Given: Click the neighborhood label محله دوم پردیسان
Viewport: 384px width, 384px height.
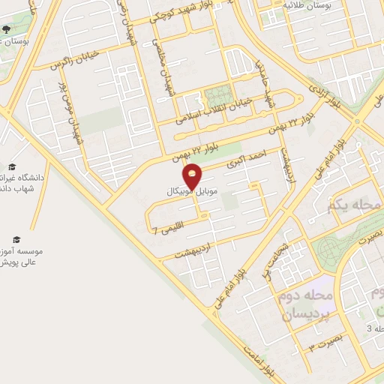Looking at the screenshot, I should point(307,306).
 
